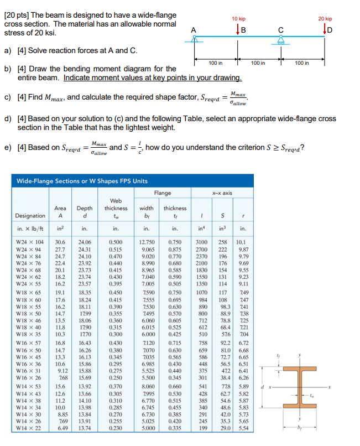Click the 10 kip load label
238,18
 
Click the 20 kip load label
325,18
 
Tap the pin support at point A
194,40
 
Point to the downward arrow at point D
325,30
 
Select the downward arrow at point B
238,30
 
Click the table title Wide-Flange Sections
81,180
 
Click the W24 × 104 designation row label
30,241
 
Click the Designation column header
30,215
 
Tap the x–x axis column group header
222,193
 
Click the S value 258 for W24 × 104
222,241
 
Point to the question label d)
8,118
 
